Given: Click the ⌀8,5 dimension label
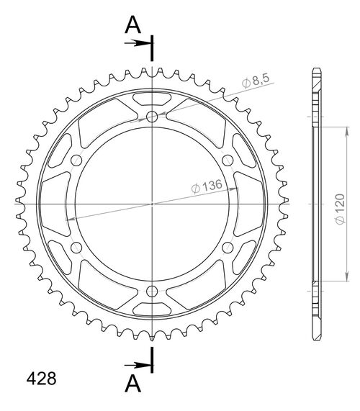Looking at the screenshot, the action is tap(256, 81).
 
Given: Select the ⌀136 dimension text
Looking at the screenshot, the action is tap(207, 186).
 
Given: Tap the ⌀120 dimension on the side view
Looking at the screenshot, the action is tap(341, 209).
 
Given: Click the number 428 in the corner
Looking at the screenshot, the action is tap(42, 379).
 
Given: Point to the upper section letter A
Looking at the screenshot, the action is tap(133, 25).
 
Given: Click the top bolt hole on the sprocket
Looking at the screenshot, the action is tap(152, 117).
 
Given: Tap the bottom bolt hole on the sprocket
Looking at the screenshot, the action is tap(152, 291).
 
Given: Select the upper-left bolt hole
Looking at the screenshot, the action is tap(76, 161).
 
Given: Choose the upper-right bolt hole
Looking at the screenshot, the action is tap(228, 161).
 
